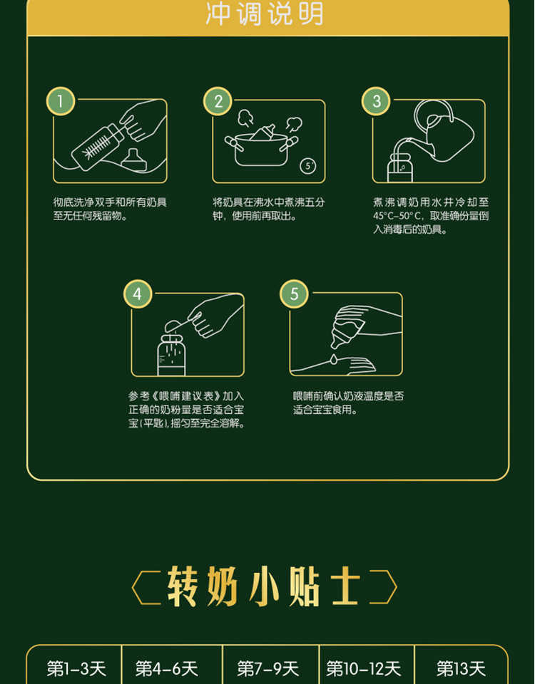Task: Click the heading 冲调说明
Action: [x=265, y=14]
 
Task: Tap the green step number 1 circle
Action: [x=60, y=102]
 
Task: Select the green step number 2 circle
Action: [x=218, y=102]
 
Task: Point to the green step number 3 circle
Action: [x=376, y=102]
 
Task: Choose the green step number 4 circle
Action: [x=138, y=294]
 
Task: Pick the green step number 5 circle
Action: [x=294, y=294]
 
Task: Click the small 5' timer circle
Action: [x=308, y=166]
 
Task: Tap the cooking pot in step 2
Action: [x=262, y=148]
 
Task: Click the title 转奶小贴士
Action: [x=265, y=586]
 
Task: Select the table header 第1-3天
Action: [x=76, y=668]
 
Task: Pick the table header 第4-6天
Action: [x=166, y=668]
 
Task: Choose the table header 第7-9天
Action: [x=267, y=668]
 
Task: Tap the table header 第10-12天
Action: [x=363, y=668]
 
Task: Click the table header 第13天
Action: [x=461, y=668]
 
